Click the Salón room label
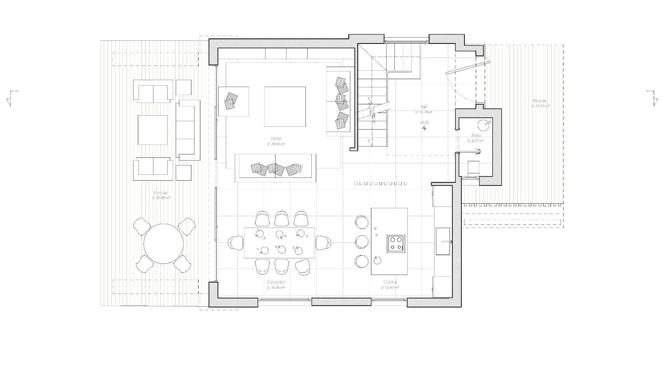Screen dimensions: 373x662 [276, 138]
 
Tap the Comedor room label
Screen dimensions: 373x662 [276, 283]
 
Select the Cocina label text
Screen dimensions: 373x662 [390, 283]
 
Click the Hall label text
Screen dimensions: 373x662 [424, 107]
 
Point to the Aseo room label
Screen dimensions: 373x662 [476, 135]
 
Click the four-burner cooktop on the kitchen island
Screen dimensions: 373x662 [396, 243]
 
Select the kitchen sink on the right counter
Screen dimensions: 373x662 [443, 241]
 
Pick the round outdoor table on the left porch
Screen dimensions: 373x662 [163, 244]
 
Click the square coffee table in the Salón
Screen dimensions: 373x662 [285, 107]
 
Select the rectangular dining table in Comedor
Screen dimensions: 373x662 [280, 242]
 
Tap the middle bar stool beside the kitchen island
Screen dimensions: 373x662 [362, 242]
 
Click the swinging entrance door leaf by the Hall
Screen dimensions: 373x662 [468, 67]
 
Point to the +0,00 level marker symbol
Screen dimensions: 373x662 [424, 128]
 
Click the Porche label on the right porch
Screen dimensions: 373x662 [539, 101]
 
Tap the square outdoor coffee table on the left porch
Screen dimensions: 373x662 [153, 130]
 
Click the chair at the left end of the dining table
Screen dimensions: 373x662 [236, 242]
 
